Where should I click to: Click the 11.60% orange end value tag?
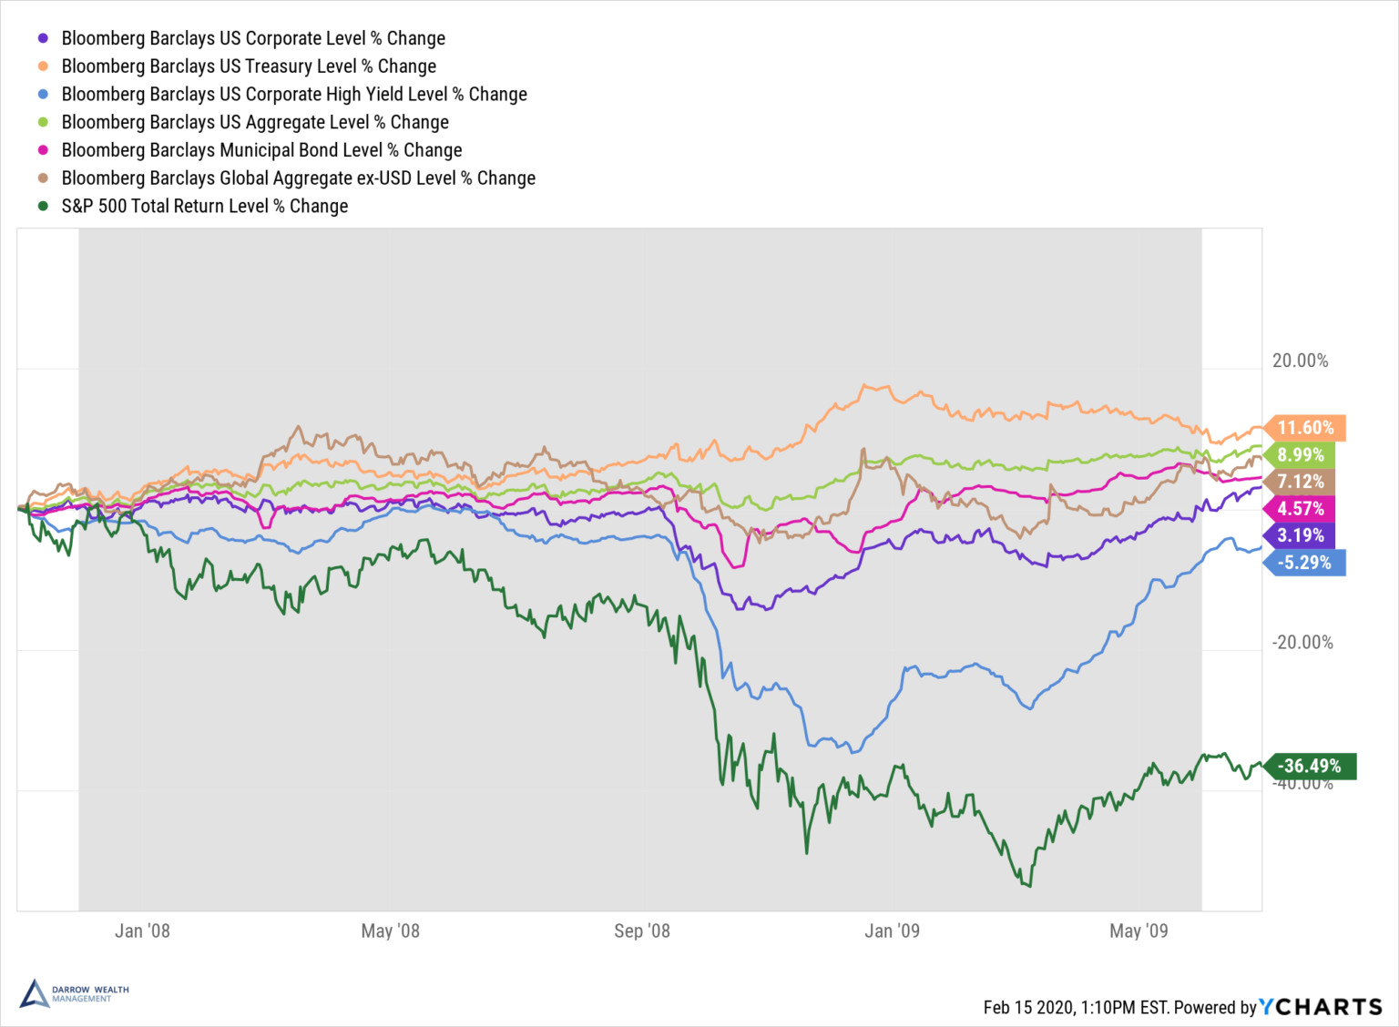(x=1305, y=428)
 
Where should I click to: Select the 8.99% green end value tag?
(x=1301, y=455)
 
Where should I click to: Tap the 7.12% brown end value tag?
(x=1301, y=482)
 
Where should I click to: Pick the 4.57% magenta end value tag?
(x=1301, y=509)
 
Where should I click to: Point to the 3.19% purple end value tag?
(x=1301, y=535)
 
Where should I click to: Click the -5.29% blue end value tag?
(x=1305, y=563)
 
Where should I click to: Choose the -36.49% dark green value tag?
(x=1310, y=766)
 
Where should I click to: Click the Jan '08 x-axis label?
(x=142, y=930)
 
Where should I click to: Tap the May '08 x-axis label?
(x=390, y=930)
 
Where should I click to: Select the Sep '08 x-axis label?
(x=641, y=930)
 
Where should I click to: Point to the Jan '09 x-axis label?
(x=892, y=930)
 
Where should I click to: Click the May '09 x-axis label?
(x=1139, y=930)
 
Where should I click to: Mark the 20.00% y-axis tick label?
(x=1300, y=361)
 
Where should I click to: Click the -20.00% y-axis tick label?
(x=1302, y=643)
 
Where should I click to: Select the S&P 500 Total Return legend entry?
(x=204, y=206)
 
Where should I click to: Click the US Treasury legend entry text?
(x=249, y=66)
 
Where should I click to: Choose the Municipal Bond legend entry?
(x=261, y=150)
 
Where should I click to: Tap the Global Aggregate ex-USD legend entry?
(x=298, y=178)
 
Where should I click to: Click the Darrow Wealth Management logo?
(x=74, y=993)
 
